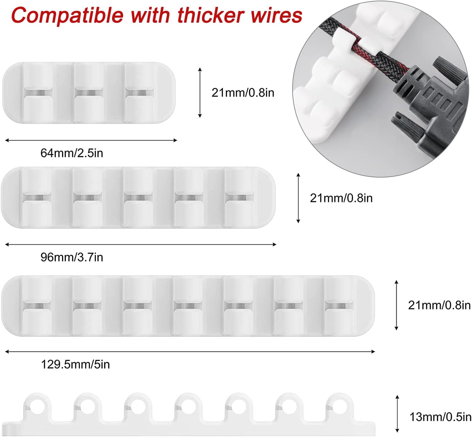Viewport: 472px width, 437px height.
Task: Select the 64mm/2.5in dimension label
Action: (x=72, y=153)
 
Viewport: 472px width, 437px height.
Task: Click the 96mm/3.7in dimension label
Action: (x=72, y=257)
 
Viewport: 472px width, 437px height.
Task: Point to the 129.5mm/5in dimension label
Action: (x=75, y=364)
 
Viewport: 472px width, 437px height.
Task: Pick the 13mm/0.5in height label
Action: (x=440, y=417)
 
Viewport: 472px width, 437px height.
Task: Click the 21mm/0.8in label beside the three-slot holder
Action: (x=243, y=93)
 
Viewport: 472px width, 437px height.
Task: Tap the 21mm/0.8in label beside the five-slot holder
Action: (x=341, y=198)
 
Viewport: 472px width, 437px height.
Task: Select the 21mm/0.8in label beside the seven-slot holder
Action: (x=439, y=305)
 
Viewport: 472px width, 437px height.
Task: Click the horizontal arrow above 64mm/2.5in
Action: (x=91, y=140)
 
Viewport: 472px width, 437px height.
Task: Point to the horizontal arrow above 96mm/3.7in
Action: (x=141, y=244)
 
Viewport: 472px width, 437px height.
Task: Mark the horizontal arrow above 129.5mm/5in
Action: (x=190, y=351)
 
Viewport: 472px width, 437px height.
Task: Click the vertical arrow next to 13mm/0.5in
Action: (x=397, y=414)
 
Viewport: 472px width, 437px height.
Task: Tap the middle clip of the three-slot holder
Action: (x=88, y=93)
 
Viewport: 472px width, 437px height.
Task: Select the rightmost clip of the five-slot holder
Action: (x=239, y=198)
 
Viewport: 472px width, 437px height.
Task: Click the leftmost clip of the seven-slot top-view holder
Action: (x=37, y=306)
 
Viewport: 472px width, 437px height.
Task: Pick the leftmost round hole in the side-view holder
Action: (x=37, y=405)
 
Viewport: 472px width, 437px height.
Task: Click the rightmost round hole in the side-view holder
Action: (x=339, y=405)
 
